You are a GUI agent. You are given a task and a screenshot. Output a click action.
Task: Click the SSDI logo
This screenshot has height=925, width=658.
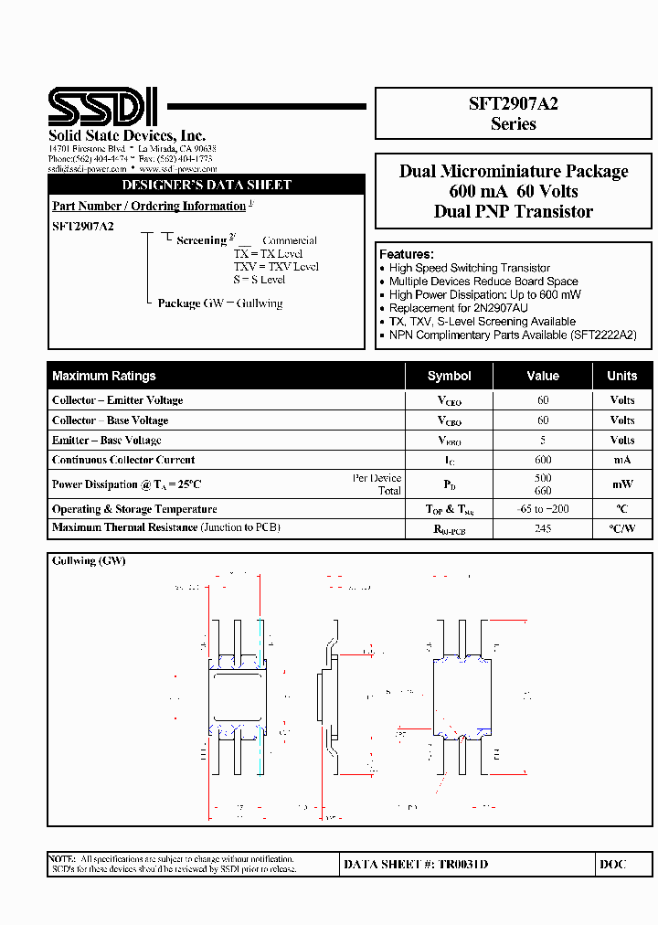point(102,107)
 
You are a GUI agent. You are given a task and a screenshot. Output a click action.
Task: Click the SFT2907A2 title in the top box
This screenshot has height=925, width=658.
point(513,104)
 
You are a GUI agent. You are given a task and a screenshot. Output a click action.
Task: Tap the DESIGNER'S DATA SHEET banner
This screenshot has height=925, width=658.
point(207,185)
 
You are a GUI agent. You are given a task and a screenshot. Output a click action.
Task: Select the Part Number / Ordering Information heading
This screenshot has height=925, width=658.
point(149,207)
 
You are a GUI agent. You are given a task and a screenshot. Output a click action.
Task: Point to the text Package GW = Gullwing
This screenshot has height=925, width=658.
point(220,303)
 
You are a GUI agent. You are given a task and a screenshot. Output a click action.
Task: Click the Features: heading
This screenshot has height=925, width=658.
point(407,254)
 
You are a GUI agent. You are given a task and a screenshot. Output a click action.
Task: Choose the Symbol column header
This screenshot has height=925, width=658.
point(449,376)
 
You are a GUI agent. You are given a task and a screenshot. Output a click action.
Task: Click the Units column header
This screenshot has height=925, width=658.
point(622,376)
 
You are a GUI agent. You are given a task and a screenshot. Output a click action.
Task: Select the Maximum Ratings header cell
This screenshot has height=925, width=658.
point(104,376)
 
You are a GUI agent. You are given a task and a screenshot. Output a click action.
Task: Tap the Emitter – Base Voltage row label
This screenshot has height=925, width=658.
point(107,441)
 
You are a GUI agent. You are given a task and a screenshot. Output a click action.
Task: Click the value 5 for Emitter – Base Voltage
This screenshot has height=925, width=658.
point(543,441)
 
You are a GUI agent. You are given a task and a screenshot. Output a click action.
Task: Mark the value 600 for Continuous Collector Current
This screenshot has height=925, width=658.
point(543,460)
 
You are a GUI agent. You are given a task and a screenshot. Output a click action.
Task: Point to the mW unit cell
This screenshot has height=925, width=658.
point(622,484)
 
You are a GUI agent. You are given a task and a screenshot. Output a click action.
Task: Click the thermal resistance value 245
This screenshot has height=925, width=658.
point(543,528)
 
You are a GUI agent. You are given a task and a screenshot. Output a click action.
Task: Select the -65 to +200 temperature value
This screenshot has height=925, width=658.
point(543,509)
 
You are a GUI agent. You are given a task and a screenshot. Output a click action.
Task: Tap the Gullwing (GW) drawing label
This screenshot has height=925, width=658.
point(89,560)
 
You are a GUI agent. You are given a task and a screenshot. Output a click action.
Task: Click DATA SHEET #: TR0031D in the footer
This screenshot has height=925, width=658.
point(416,864)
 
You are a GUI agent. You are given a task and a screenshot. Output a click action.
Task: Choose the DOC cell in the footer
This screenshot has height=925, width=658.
point(613,864)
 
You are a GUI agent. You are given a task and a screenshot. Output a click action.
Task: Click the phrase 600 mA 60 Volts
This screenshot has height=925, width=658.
point(513,191)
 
